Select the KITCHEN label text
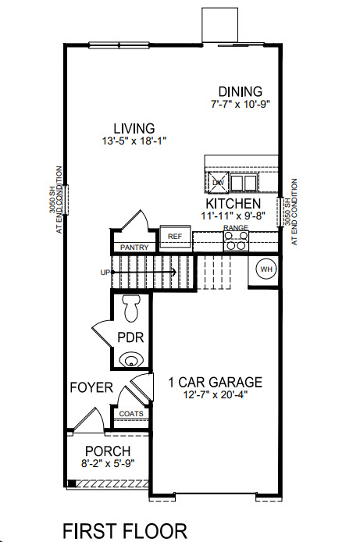tap(227, 201)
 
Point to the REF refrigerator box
tap(175, 236)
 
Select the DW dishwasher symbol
tap(218, 182)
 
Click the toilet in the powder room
tap(131, 307)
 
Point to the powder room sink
tap(132, 359)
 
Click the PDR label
tap(129, 337)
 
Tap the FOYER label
tap(91, 387)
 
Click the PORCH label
tap(108, 451)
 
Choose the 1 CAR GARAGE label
tap(215, 383)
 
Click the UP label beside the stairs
tap(105, 273)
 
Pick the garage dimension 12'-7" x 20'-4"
tap(215, 396)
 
